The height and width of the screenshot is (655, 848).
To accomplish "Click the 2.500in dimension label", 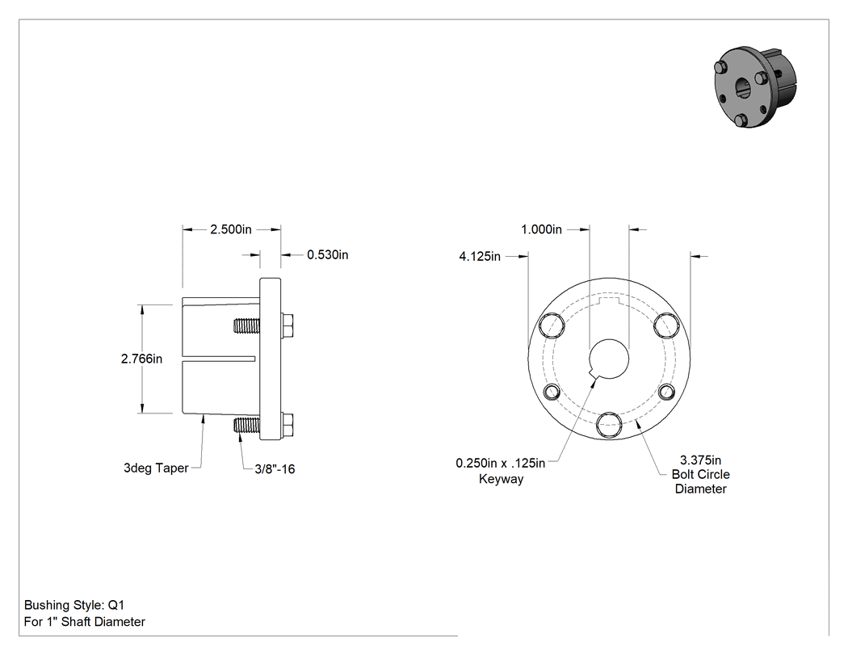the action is coord(231,229).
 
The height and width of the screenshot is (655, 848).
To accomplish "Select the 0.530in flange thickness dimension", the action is coord(328,254).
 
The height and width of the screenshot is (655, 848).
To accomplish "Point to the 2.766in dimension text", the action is coord(141,359).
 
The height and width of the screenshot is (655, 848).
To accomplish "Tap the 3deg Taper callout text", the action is coord(156,468).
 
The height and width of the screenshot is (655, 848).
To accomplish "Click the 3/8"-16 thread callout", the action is coord(275,469).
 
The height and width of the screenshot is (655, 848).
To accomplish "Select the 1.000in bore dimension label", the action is coord(541,229).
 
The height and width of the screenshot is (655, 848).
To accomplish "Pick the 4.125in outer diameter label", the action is coord(480,256).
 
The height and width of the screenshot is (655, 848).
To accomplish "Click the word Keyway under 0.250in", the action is coord(502,479).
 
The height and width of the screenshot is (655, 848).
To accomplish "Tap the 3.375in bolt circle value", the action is coord(700,460).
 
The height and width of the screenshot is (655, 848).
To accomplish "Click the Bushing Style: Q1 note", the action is coord(74,605).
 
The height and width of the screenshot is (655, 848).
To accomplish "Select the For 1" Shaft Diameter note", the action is coord(84,622).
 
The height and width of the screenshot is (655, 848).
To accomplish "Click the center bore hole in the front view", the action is coord(609,359).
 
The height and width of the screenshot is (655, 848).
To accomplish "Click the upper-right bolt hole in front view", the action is coord(666,325).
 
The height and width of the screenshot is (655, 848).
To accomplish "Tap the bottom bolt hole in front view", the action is coord(609,425).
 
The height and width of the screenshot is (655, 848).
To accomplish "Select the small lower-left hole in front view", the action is coord(552,392).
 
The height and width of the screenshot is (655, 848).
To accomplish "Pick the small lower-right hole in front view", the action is coord(666,392).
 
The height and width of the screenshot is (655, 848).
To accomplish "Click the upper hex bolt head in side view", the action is coord(288,325).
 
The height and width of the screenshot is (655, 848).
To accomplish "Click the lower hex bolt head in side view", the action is coord(288,425).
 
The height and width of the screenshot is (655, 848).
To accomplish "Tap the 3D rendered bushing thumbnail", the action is coord(755,87).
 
